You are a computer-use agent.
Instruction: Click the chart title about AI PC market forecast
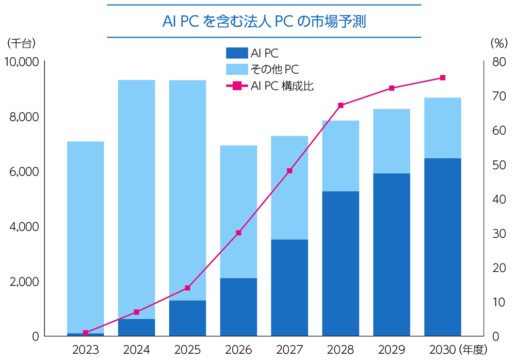pos(264,22)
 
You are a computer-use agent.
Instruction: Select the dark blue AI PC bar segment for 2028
pos(341,263)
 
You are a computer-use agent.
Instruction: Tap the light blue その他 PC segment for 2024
pos(136,199)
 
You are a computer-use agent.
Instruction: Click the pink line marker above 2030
pos(443,78)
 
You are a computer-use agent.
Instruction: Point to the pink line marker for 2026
pos(238,233)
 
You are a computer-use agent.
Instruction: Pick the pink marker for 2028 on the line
pos(341,105)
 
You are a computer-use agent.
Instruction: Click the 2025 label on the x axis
pos(187,350)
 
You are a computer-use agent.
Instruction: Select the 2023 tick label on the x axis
pos(85,350)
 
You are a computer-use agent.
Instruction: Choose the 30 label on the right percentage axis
pos(496,234)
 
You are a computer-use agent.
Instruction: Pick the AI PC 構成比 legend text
pos(282,86)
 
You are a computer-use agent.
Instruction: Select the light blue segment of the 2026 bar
pos(238,211)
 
